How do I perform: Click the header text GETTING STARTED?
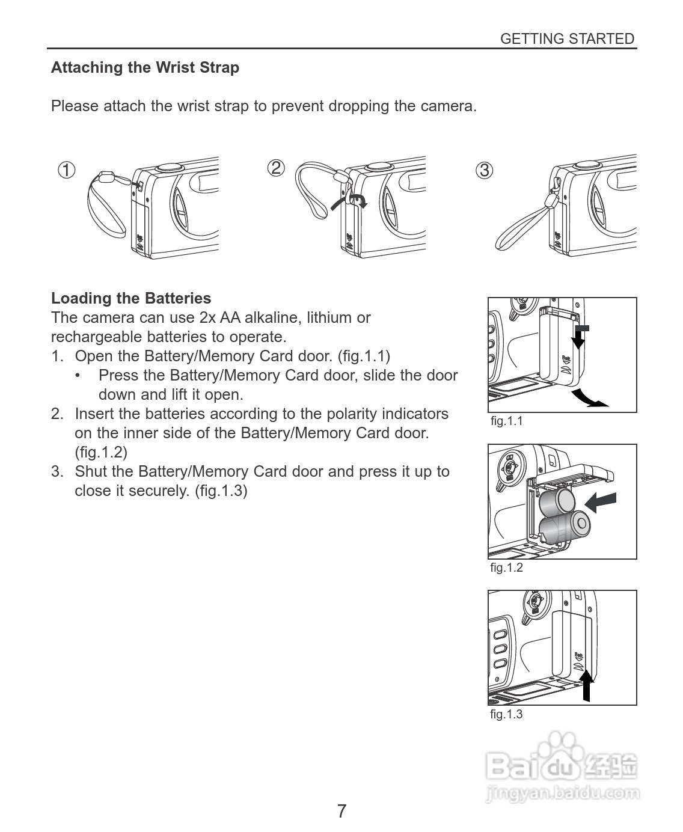pos(567,39)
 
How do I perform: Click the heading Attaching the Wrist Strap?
pos(145,67)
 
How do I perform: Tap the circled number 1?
pos(66,170)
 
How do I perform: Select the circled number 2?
pos(275,168)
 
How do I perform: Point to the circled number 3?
pos(484,170)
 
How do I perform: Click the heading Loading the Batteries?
pos(131,298)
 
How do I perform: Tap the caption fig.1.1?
pos(506,421)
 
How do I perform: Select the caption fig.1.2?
pos(506,567)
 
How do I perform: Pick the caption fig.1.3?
pos(506,714)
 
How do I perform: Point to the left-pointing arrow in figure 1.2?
pos(601,501)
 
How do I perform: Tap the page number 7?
pos(341,811)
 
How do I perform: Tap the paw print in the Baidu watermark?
pos(561,748)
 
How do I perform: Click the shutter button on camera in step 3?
pos(586,164)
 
